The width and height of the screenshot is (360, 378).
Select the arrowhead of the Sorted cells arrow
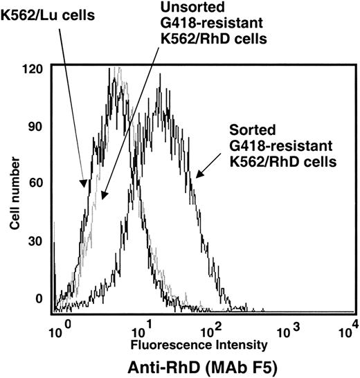click(x=195, y=177)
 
